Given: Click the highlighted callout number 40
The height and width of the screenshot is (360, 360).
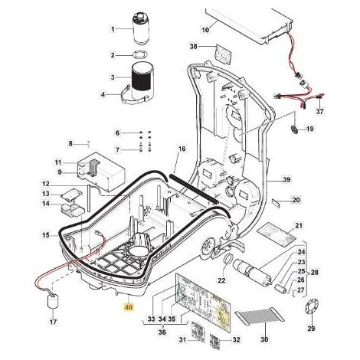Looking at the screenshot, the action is click(129, 307).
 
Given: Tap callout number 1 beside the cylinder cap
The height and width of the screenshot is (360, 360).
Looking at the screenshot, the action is click(113, 29).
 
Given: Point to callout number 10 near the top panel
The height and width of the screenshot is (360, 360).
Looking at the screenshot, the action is click(205, 30).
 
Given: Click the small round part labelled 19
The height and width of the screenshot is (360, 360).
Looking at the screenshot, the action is click(294, 129).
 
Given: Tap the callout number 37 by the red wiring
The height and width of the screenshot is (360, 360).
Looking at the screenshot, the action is click(319, 111).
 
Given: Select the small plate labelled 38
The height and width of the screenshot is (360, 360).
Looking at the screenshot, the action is click(224, 54).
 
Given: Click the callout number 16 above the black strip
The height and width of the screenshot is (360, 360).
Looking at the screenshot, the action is click(182, 149).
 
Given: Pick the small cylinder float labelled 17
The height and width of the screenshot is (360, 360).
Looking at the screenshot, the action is click(53, 302).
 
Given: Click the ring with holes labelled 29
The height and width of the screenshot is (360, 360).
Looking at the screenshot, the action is click(312, 309).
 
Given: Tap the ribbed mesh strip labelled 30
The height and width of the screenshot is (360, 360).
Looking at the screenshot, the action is click(260, 316).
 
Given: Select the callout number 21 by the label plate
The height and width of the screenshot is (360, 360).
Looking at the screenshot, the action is click(299, 226).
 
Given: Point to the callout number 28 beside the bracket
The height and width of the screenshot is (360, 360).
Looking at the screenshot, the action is click(315, 272).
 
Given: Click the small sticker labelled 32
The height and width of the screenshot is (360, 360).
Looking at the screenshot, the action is click(216, 340).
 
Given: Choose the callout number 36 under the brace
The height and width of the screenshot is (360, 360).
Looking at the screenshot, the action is click(162, 332).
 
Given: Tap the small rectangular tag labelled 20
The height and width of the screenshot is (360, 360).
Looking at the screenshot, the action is click(276, 203).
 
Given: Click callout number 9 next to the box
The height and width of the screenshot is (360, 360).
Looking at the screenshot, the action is click(60, 172).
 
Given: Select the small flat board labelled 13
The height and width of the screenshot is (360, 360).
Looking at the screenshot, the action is click(72, 194).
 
